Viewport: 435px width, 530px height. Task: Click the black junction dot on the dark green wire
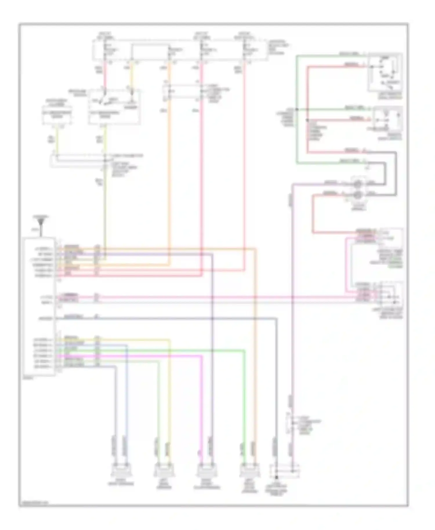297,110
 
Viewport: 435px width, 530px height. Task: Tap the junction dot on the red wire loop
307,120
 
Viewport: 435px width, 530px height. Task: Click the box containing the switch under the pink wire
114,107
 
